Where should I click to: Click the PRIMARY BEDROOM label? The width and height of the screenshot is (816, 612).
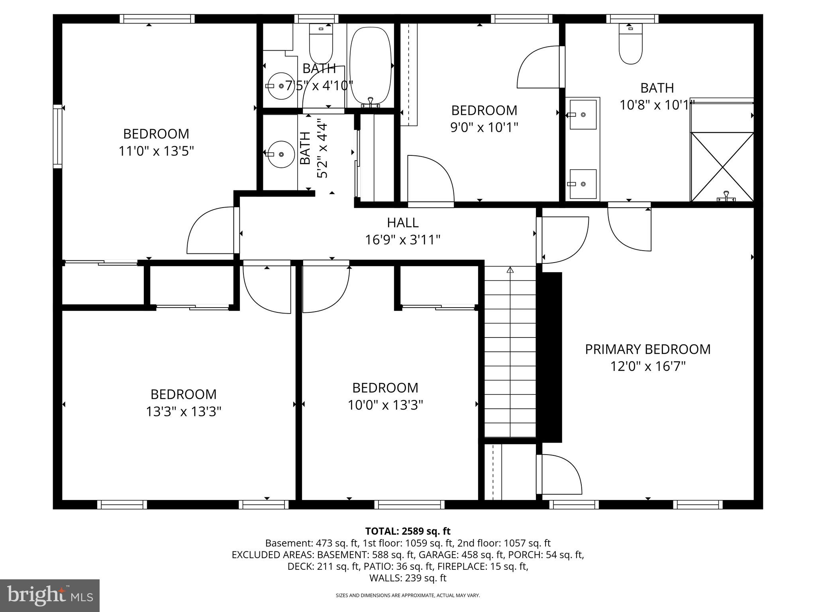[647, 349]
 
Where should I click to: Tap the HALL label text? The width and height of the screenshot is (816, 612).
[402, 223]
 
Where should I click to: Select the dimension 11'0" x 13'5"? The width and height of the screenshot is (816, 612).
[156, 151]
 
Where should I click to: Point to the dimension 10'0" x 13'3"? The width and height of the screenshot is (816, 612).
[385, 405]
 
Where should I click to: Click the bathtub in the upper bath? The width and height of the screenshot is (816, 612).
[370, 66]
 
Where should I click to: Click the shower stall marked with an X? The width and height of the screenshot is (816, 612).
[722, 167]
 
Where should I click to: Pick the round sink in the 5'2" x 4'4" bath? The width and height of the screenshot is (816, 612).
[280, 154]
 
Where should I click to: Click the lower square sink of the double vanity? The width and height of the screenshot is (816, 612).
[583, 184]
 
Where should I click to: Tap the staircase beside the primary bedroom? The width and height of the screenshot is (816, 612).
[510, 353]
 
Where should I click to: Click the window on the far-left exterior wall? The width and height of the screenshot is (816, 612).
[58, 136]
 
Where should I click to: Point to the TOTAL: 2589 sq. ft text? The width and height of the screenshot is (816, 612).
[408, 531]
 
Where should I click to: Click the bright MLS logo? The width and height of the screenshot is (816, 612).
[50, 596]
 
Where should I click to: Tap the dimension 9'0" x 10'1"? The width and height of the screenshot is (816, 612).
[484, 127]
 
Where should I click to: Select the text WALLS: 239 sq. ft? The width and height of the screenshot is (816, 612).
[408, 578]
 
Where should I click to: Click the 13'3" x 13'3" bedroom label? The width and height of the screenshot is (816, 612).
[183, 394]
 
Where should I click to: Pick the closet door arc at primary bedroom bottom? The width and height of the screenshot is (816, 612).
[560, 474]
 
